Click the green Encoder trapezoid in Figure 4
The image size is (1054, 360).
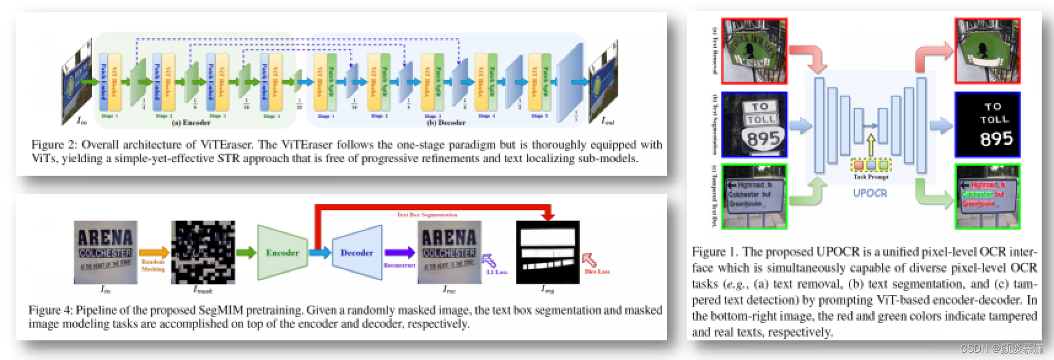(x=281, y=252)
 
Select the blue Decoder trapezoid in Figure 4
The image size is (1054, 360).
(x=356, y=252)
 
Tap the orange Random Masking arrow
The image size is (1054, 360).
(x=154, y=252)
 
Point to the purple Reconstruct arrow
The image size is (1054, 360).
(x=400, y=252)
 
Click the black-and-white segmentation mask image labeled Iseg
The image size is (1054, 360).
(x=548, y=252)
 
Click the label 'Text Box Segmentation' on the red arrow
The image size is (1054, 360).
(x=426, y=215)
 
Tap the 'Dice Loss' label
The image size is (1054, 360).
(x=595, y=271)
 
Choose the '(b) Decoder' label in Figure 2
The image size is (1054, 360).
(x=447, y=122)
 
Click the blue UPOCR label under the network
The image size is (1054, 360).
(x=870, y=192)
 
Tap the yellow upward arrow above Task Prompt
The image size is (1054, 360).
(x=870, y=147)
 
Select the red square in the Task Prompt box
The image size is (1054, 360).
(x=858, y=165)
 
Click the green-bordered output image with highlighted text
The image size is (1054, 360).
(x=987, y=195)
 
